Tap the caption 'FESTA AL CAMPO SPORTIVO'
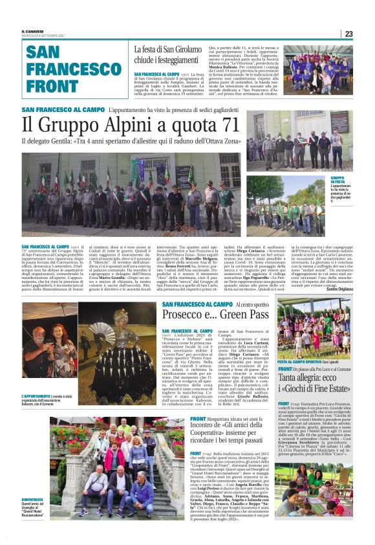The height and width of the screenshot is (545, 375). (x=303, y=361)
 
